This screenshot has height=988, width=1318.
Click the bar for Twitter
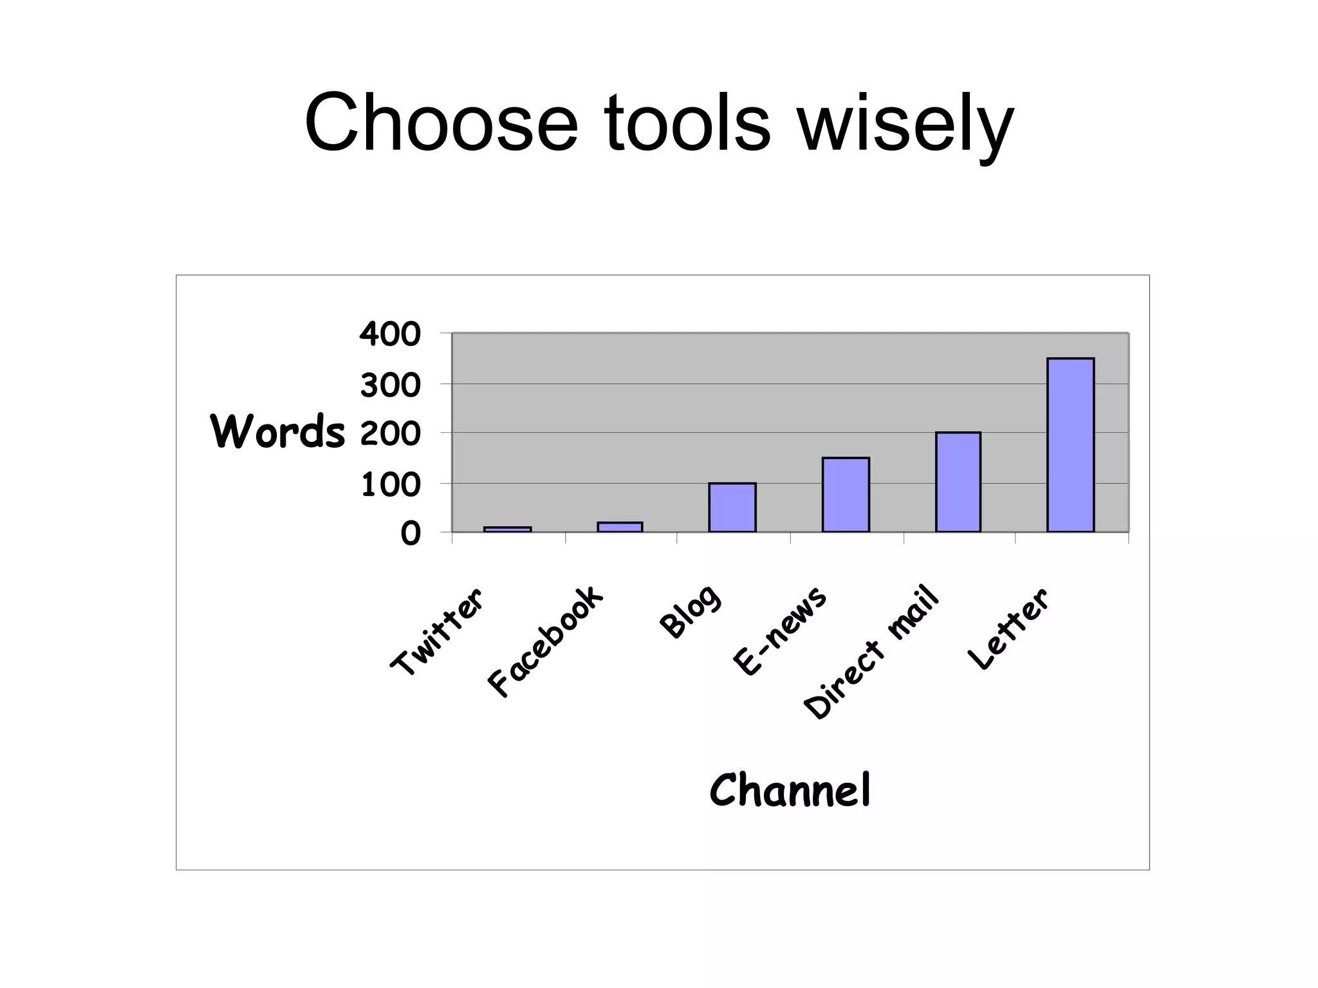[x=507, y=529]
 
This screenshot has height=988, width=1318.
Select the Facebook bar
[x=620, y=527]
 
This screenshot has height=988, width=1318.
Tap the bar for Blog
[x=732, y=508]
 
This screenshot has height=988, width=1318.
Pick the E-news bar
[x=846, y=495]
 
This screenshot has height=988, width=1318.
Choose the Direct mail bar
[x=958, y=482]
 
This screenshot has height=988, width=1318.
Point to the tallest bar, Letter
[x=1071, y=444]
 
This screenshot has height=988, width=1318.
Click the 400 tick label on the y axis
[x=390, y=334]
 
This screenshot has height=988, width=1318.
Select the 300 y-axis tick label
[x=390, y=386]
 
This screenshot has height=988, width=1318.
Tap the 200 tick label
[x=390, y=435]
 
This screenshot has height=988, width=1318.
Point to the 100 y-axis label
[x=390, y=485]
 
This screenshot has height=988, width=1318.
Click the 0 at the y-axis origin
[x=410, y=534]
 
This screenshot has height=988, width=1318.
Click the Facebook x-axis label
[x=546, y=641]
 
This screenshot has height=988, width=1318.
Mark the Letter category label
[x=1008, y=628]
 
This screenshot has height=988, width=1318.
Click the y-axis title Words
[x=278, y=431]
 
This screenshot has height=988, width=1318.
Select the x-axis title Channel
[x=790, y=790]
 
